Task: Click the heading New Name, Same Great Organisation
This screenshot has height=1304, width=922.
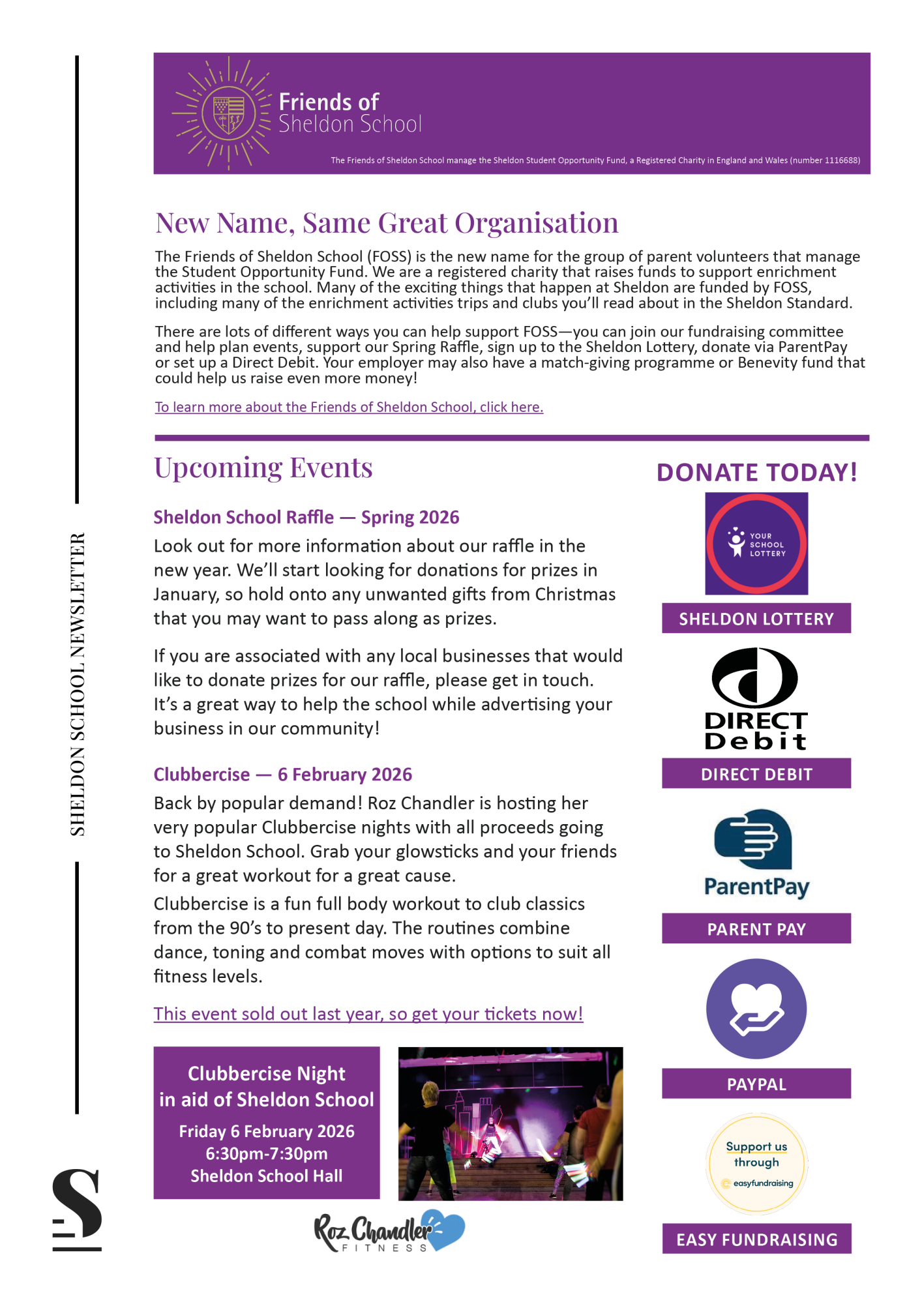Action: (x=387, y=223)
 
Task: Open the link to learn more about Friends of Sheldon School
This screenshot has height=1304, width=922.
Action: (x=349, y=407)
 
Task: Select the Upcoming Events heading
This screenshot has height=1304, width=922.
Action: (x=263, y=467)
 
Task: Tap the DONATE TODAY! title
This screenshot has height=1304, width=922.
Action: (x=756, y=473)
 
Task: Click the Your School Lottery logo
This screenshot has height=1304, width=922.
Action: (x=756, y=544)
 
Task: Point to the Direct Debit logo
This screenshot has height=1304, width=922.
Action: (x=756, y=698)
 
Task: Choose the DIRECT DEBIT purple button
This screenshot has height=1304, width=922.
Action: (x=756, y=774)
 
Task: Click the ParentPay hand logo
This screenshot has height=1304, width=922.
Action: (x=755, y=840)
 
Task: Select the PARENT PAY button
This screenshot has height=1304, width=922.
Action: (x=756, y=929)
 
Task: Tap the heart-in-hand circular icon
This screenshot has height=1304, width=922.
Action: (x=756, y=1009)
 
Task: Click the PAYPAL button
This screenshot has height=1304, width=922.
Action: (x=756, y=1084)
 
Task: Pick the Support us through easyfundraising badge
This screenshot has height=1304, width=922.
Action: (x=756, y=1164)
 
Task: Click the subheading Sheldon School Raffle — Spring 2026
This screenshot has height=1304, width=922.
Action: (x=306, y=518)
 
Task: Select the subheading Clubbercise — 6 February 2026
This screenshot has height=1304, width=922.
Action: (x=283, y=775)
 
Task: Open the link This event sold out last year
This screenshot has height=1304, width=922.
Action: (x=368, y=1015)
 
